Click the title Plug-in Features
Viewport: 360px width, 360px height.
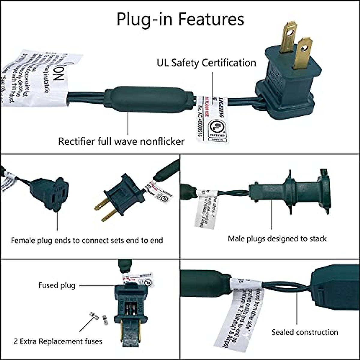[180, 19]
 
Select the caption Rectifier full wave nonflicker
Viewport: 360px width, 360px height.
[121, 141]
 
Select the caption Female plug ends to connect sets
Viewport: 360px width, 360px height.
[87, 240]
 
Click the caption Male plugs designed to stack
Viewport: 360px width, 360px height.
[277, 238]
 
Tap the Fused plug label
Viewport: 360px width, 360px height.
[57, 285]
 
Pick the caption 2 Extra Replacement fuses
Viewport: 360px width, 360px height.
[58, 341]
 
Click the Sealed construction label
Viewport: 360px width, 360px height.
[304, 332]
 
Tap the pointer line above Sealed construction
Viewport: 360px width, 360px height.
[296, 309]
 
